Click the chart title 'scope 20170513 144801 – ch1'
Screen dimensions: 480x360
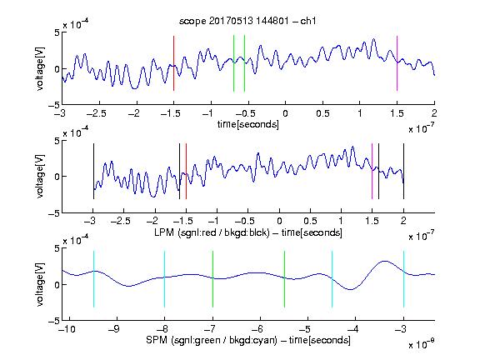click(247, 21)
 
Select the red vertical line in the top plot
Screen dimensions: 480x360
click(173, 63)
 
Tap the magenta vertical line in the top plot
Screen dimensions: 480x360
click(397, 63)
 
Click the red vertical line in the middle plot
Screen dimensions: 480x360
click(186, 171)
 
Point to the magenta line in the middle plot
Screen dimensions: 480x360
click(372, 171)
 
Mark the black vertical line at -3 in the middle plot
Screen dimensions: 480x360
click(93, 171)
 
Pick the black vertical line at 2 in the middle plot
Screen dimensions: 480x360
click(403, 171)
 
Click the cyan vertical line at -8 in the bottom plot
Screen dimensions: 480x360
click(165, 279)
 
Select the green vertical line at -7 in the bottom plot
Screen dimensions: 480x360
click(212, 279)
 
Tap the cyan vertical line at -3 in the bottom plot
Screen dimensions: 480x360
click(403, 279)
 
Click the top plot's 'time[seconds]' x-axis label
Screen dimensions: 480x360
click(248, 124)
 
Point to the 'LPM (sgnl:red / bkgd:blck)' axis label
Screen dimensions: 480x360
click(212, 232)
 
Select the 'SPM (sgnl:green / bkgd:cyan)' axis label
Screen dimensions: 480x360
click(212, 340)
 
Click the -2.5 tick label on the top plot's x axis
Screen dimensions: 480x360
click(97, 113)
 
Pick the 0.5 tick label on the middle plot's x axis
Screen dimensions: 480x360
click(310, 221)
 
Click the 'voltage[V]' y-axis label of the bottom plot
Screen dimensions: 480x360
click(40, 285)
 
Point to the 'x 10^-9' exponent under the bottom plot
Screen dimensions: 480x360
click(421, 343)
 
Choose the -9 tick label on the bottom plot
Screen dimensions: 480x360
click(114, 329)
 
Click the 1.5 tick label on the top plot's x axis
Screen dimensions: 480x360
click(397, 113)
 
